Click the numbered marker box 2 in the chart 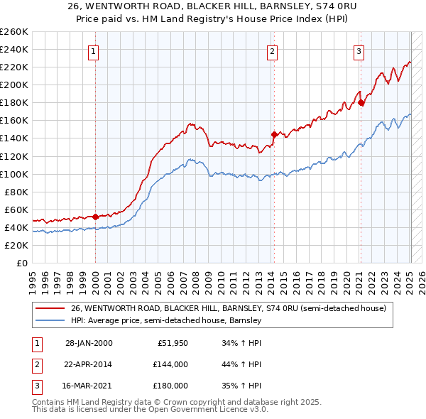pyautogui.click(x=272, y=50)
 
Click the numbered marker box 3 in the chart pyautogui.click(x=359, y=50)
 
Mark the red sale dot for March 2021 pyautogui.click(x=361, y=102)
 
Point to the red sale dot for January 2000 pyautogui.click(x=95, y=216)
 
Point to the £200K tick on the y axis pyautogui.click(x=14, y=85)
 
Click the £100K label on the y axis pyautogui.click(x=14, y=174)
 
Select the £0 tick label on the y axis pyautogui.click(x=21, y=263)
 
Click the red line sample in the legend pyautogui.click(x=50, y=309)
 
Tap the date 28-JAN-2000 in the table pyautogui.click(x=88, y=343)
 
